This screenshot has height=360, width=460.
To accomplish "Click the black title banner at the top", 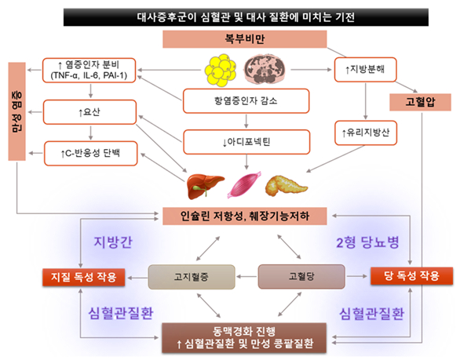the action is pos(246,17).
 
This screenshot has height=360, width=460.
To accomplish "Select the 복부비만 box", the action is pos(245,38).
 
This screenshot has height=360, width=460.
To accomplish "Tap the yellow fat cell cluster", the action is pos(221,70).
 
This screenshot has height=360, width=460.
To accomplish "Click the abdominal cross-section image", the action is pos(265,69).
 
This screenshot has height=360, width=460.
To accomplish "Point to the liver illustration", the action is pos(205,186).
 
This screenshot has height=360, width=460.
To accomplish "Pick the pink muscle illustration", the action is pos(244,184).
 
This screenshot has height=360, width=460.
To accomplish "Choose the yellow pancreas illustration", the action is pos(286,185).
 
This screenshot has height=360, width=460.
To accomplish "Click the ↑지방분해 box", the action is pos(366,70).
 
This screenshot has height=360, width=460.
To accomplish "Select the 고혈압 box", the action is pos(420,102).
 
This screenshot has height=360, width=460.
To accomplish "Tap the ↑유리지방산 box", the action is pos(366,133).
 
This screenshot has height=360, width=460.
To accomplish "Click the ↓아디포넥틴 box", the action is pos(246,142).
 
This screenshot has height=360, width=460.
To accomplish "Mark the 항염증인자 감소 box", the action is pos(246,101).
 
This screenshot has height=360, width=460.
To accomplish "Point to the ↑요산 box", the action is pos(89,112).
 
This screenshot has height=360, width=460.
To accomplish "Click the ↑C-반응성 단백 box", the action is pos(90,153).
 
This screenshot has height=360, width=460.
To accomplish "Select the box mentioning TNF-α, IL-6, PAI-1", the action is pos(89,70).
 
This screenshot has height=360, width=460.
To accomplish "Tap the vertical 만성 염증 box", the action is pos(17,111).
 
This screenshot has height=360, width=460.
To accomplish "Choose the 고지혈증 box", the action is pos(192,277).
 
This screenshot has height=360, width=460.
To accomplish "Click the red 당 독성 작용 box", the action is pos(411,276).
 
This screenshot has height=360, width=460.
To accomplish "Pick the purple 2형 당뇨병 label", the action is pos(367,242).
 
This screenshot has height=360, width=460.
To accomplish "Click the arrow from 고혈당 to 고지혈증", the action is pos(246,276).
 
